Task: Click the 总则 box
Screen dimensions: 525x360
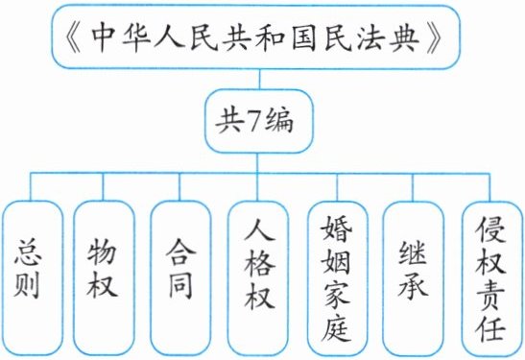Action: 33,278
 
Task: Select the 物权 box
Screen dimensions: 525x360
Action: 104,278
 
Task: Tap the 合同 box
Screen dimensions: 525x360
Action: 180,278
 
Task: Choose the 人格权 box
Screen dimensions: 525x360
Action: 258,278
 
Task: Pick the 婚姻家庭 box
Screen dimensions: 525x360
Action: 338,278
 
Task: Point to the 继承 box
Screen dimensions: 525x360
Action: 413,278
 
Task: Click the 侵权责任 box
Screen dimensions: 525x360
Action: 492,278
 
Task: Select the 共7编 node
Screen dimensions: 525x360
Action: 258,121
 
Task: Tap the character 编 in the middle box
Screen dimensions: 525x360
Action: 278,121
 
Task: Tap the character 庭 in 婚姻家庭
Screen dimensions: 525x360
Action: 337,327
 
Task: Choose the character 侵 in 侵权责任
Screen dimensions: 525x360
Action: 491,229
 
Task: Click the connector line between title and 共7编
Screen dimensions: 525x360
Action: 259,80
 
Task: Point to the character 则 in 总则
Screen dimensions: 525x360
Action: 28,285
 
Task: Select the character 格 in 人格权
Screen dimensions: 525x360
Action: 259,264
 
